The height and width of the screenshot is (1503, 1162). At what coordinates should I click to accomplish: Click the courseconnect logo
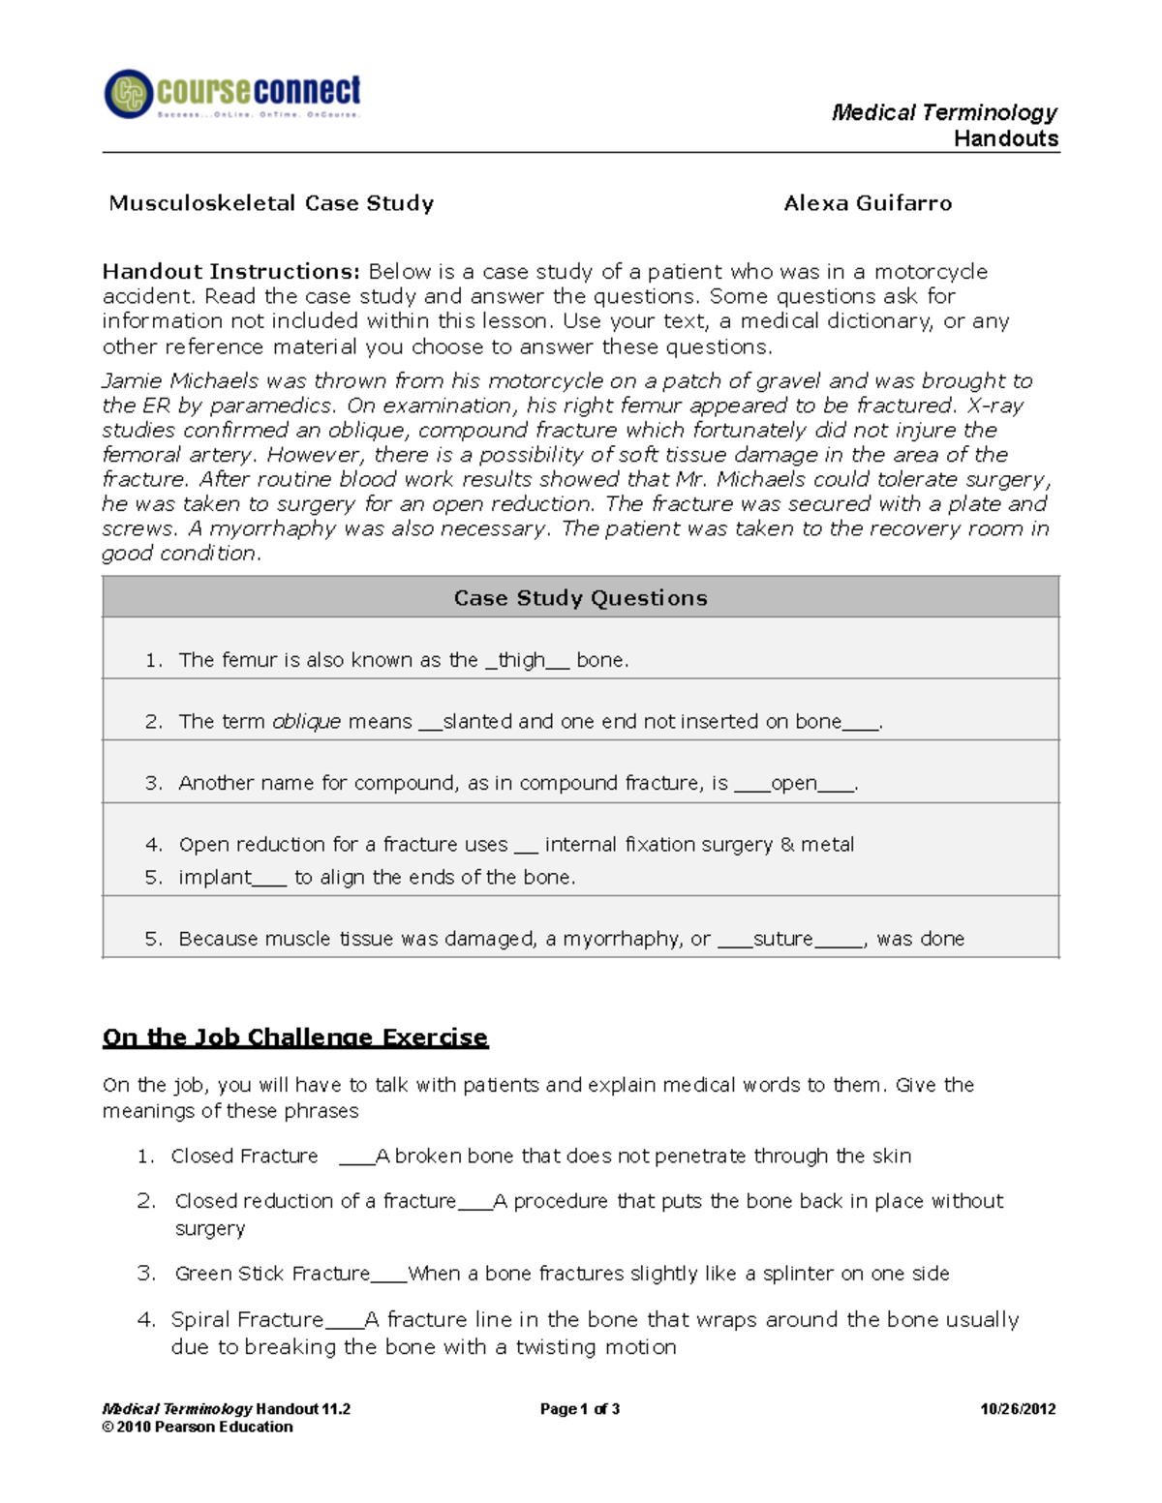pos(232,95)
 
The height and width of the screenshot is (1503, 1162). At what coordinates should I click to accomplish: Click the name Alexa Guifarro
pos(868,203)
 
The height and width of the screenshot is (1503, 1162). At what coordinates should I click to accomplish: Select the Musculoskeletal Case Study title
pos(271,203)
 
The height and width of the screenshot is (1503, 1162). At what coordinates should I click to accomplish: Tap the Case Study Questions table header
pos(580,598)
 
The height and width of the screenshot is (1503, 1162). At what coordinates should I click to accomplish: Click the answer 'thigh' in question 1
pos(522,660)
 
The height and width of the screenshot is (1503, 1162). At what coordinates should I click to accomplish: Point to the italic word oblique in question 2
pos(306,722)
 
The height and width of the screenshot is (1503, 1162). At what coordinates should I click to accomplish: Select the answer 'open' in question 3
pos(794,783)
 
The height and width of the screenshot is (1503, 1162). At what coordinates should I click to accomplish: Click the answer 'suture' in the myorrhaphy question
pos(782,939)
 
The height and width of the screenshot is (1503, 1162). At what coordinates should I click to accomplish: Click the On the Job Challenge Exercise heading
pos(295,1037)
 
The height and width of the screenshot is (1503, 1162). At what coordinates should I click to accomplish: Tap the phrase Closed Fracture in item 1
pos(244,1157)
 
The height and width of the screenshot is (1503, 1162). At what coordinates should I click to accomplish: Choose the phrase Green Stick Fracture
pos(272,1274)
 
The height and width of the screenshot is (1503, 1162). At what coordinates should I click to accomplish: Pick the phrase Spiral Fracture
pos(247,1320)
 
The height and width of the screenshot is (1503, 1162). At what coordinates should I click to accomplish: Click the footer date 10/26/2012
pos(1018,1409)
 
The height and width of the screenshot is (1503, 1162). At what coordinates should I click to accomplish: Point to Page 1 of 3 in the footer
pos(579,1409)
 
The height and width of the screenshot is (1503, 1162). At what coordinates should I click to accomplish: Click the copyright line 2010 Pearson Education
pos(198,1427)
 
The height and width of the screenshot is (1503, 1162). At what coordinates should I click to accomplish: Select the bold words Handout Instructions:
pos(231,272)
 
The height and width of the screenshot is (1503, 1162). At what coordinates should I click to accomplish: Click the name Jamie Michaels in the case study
pos(180,381)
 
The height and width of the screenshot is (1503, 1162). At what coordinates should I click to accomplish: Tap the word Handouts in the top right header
pos(1006,139)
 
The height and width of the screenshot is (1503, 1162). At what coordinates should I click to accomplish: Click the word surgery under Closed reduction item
pos(210,1229)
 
